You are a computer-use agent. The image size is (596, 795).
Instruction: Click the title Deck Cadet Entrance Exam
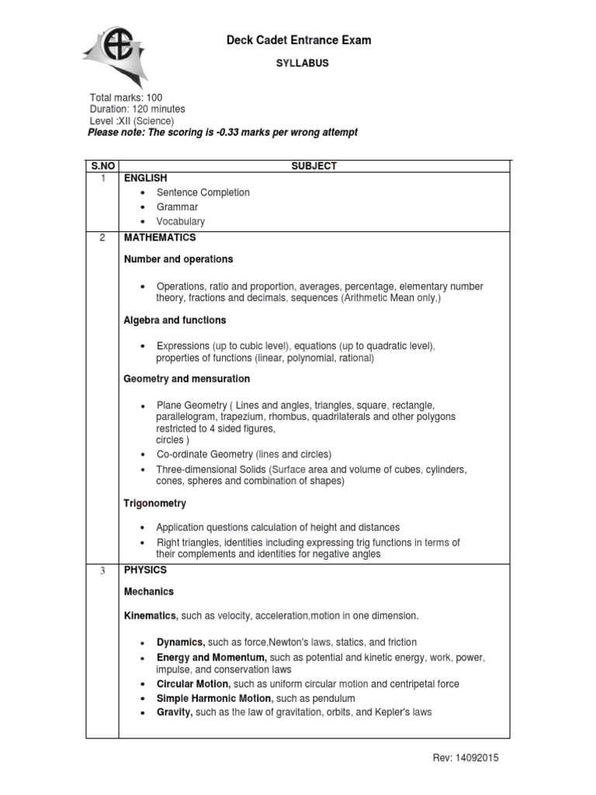pos(298,40)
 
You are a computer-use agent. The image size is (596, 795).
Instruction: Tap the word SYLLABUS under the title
pos(299,64)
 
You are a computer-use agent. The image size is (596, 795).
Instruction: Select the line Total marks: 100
pos(126,98)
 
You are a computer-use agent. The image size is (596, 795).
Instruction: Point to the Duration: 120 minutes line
pos(137,109)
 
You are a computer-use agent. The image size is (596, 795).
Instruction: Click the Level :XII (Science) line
pos(132,121)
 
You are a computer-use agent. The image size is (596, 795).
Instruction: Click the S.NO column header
pos(102,166)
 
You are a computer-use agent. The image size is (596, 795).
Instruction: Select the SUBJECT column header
pos(314,166)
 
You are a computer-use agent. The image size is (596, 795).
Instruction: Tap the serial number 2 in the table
pos(102,238)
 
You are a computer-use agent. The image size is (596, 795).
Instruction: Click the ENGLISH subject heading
pos(146,179)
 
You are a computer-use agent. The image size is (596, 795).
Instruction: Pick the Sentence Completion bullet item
pos(203,193)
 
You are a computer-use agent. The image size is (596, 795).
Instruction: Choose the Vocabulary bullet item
pos(180,221)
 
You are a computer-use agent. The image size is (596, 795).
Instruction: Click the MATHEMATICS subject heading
pos(160,238)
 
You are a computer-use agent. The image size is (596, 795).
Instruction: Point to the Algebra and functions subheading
pos(175,320)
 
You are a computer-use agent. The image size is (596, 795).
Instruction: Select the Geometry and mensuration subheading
pos(187,379)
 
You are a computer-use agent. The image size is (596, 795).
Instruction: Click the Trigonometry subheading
pos(154,504)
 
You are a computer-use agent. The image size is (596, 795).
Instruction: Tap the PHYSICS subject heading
pos(145,570)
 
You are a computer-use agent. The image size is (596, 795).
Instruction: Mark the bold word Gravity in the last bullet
pos(175,712)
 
